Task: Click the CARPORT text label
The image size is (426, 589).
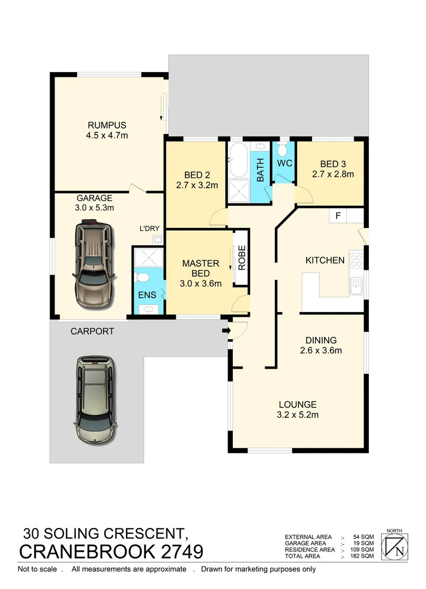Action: [92, 331]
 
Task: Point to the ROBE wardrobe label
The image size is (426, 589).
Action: [242, 258]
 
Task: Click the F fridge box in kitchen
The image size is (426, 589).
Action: [338, 215]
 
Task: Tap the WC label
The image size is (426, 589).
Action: [284, 163]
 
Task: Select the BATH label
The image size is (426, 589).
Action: [260, 170]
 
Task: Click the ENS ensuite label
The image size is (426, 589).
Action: [147, 295]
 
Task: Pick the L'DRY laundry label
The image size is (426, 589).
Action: [149, 230]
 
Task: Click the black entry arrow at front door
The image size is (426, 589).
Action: [225, 330]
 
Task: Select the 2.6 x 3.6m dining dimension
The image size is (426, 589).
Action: [321, 351]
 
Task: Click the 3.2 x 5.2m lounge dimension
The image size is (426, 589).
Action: [297, 414]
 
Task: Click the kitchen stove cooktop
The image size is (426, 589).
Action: [357, 260]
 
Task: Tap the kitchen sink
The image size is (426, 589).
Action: [357, 284]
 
